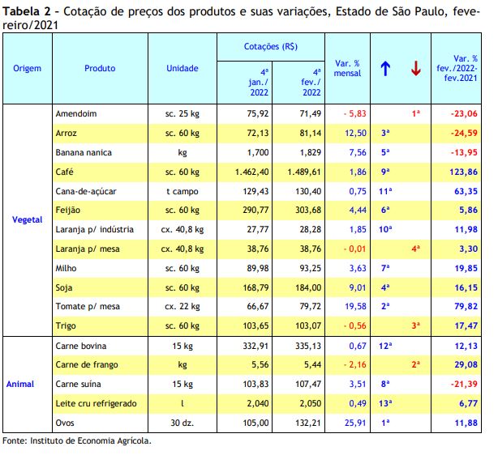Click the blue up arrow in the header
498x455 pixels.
click(385, 69)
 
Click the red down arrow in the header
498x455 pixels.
click(416, 69)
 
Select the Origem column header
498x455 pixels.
click(28, 69)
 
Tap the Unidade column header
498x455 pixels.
click(182, 68)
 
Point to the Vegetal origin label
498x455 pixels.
click(28, 219)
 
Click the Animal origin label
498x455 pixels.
click(20, 384)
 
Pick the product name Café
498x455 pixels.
click(64, 172)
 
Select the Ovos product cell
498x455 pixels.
click(65, 423)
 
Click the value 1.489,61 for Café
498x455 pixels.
click(304, 172)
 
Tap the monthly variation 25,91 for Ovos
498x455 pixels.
click(355, 423)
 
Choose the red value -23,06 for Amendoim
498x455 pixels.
click(464, 113)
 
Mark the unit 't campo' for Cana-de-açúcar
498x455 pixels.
click(182, 192)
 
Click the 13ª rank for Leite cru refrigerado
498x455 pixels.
click(385, 403)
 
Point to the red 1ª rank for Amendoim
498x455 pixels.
click(416, 113)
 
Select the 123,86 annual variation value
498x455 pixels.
click(463, 172)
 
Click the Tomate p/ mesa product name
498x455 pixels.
click(88, 306)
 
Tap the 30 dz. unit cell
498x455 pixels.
click(182, 423)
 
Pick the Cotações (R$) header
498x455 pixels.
click(271, 47)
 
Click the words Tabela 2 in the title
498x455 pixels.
click(27, 11)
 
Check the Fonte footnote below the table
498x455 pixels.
click(77, 440)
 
